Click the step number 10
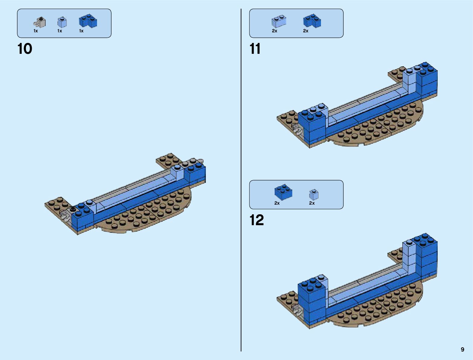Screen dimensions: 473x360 [x=25, y=49]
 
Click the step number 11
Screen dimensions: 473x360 [x=255, y=49]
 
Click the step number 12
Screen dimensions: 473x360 [x=257, y=220]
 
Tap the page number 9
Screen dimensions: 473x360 [x=462, y=349]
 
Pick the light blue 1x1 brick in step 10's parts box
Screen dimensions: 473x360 [x=62, y=22]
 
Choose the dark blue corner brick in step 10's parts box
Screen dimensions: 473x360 [x=88, y=21]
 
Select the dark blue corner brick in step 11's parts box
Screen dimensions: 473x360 [x=312, y=21]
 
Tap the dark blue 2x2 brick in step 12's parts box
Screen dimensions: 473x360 [x=283, y=192]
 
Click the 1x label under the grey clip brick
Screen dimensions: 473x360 [x=36, y=31]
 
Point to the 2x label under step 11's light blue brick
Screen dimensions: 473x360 [x=274, y=31]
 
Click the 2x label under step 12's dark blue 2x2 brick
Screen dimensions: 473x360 [x=277, y=203]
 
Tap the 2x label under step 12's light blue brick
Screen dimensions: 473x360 [x=312, y=203]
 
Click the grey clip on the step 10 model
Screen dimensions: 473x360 [x=64, y=215]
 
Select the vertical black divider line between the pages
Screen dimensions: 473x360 [x=241, y=181]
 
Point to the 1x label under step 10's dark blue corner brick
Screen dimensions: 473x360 [x=81, y=31]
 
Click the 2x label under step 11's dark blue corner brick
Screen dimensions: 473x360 [x=306, y=31]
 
